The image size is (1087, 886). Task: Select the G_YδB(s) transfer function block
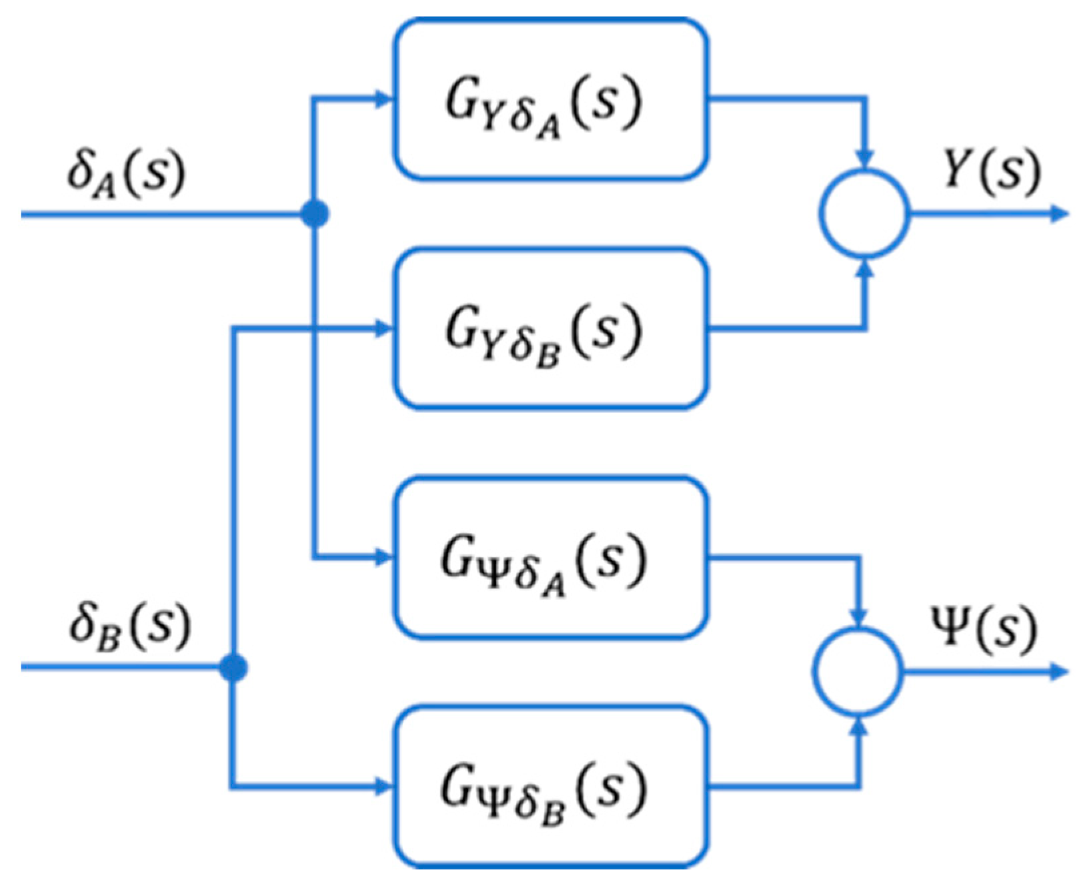click(x=550, y=328)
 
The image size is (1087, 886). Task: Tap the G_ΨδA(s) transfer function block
click(x=550, y=557)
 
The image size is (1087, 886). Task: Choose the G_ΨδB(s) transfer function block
click(x=550, y=787)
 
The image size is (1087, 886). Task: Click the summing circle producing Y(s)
click(x=864, y=213)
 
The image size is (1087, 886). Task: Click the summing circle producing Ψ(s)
click(x=858, y=671)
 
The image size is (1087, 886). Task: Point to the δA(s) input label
click(x=125, y=175)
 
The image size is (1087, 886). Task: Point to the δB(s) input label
click(x=129, y=628)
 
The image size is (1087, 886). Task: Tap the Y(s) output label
click(x=991, y=172)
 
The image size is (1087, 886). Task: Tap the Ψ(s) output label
click(x=984, y=629)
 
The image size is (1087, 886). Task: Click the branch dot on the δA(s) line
click(x=315, y=214)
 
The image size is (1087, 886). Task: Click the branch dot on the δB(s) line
click(x=233, y=667)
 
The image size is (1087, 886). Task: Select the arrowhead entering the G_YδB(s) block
click(x=384, y=328)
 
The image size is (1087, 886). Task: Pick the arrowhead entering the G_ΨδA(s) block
click(x=384, y=557)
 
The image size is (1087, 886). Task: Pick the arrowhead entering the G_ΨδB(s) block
click(x=384, y=787)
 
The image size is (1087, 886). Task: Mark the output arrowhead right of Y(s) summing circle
click(x=1060, y=214)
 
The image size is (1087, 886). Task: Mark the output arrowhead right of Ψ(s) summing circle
click(x=1060, y=672)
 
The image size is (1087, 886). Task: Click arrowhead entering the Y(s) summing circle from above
click(x=865, y=160)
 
